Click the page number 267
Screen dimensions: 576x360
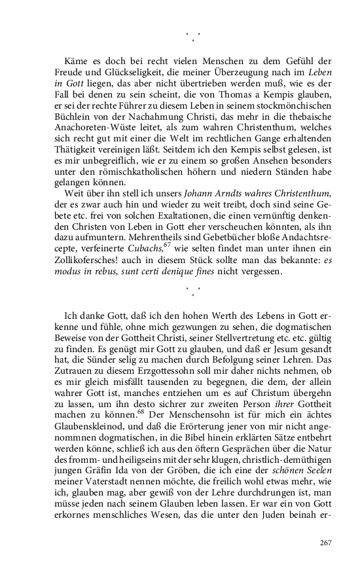tap(325, 543)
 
